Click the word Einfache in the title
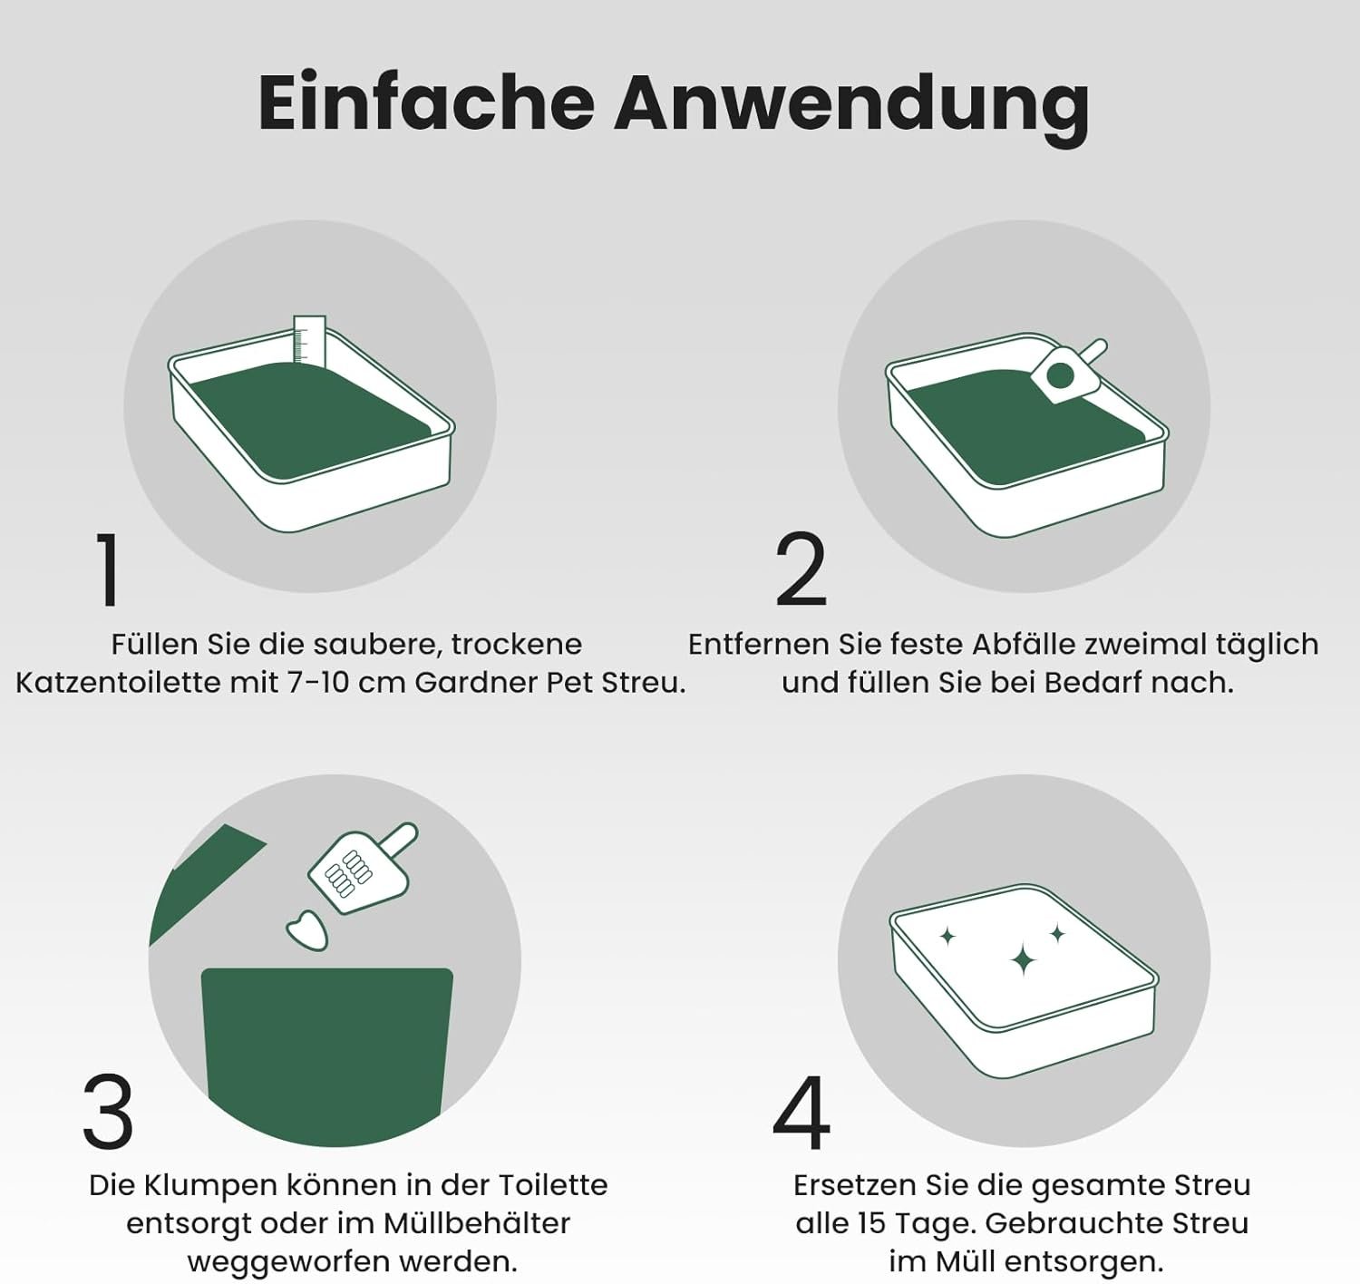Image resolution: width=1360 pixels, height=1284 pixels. [427, 102]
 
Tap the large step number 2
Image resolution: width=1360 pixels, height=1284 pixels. [801, 569]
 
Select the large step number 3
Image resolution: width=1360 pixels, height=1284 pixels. [108, 1111]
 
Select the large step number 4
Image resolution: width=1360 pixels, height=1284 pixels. [801, 1112]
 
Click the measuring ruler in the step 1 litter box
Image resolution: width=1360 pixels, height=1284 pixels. [309, 340]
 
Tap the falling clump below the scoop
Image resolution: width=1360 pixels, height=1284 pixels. [307, 930]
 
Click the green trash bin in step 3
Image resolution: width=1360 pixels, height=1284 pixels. [326, 1055]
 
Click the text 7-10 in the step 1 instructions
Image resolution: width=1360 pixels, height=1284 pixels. [320, 683]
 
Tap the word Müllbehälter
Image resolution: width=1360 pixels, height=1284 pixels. [477, 1224]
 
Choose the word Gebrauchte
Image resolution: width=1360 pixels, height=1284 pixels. [1073, 1224]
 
